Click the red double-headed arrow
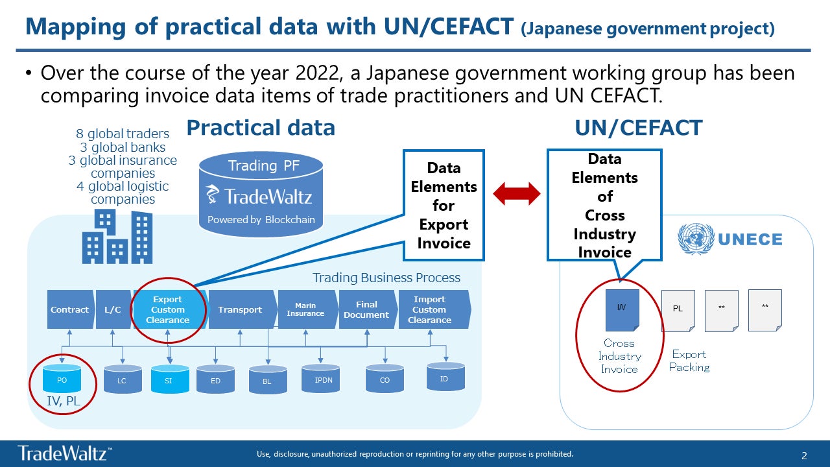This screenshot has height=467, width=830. click(517, 193)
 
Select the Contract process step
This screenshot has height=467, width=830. click(70, 310)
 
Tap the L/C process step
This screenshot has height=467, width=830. click(113, 310)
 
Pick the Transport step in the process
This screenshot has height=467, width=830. click(240, 310)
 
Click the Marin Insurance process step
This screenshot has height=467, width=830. click(305, 310)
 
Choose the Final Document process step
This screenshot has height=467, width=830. click(366, 310)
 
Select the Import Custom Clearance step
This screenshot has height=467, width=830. click(431, 310)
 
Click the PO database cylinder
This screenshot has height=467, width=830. click(62, 380)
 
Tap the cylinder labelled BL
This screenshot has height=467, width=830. click(267, 381)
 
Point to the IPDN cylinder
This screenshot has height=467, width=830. click(324, 379)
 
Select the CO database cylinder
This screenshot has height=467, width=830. click(385, 380)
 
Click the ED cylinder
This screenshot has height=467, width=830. click(215, 381)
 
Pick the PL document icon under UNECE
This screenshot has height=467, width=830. click(678, 310)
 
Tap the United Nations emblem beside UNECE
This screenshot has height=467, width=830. click(694, 239)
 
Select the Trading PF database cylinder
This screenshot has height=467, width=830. click(261, 193)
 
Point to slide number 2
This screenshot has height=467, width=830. click(805, 455)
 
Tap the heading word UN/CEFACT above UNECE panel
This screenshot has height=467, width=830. click(638, 128)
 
